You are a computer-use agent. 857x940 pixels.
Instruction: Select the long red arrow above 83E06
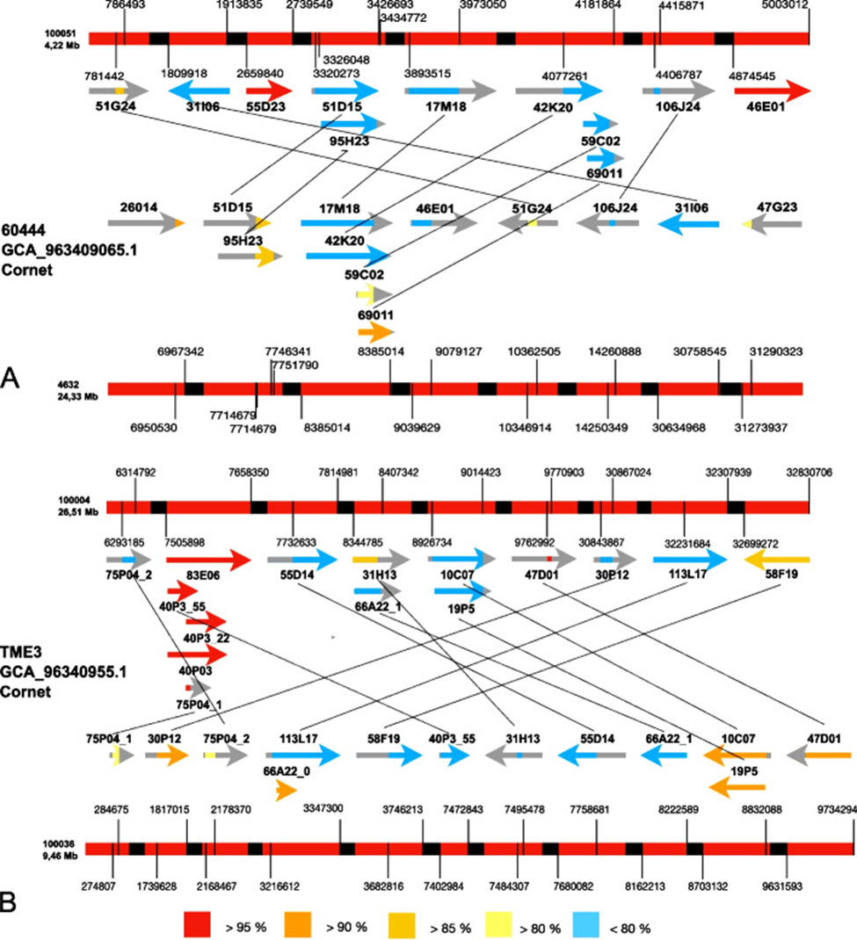[208, 559]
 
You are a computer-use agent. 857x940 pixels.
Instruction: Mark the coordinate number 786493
[125, 5]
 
